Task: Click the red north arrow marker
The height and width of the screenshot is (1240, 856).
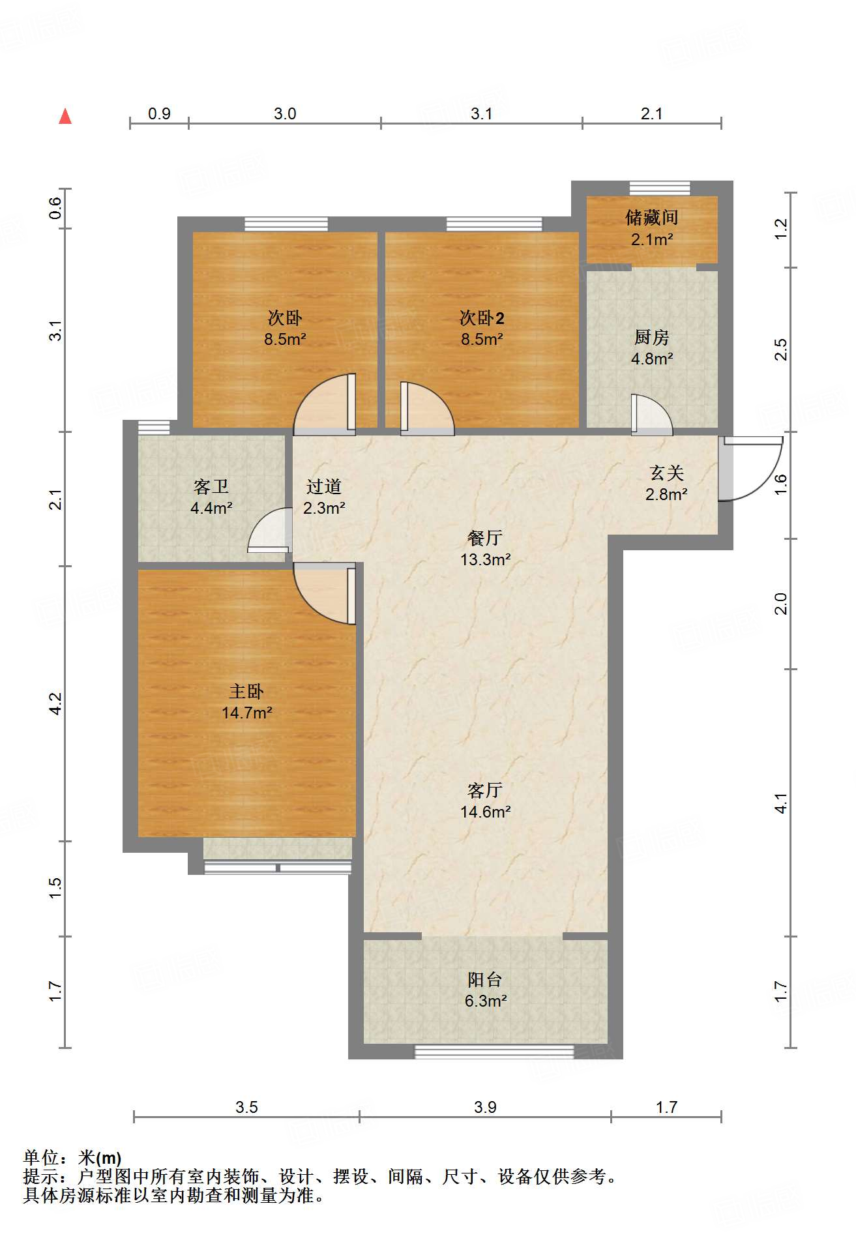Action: click(65, 117)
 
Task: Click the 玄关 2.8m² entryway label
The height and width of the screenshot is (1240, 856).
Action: click(666, 483)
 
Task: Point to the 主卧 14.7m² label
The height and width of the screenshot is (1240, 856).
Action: click(246, 701)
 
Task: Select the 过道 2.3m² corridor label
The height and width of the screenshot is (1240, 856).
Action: click(323, 496)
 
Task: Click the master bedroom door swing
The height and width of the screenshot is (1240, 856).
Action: click(323, 593)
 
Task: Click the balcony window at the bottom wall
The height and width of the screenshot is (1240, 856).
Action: click(494, 1052)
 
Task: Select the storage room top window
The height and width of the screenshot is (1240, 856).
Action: click(659, 188)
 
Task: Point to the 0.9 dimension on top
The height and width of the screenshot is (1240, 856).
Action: click(159, 114)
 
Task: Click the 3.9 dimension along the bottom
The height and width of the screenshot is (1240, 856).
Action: click(485, 1107)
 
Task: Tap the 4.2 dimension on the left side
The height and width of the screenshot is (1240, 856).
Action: click(56, 703)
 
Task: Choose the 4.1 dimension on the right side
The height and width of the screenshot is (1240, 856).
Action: click(781, 803)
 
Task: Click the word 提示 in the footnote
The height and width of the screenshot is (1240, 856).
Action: click(40, 1177)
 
